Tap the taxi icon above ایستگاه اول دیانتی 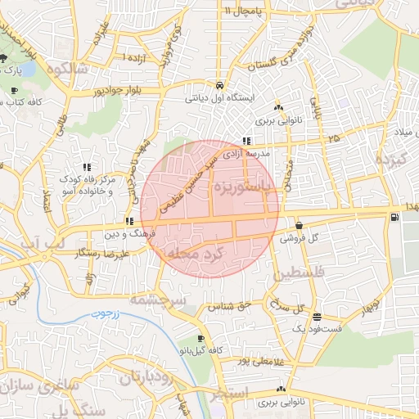[x=220, y=85]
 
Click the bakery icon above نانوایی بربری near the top [x=279, y=107]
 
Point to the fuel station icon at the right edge [x=396, y=217]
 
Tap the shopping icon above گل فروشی [x=298, y=225]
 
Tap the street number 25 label [x=332, y=138]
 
